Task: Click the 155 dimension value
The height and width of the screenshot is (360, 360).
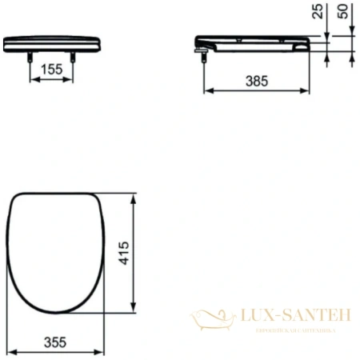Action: (x=51, y=70)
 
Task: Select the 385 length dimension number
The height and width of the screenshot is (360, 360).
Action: (x=255, y=81)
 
